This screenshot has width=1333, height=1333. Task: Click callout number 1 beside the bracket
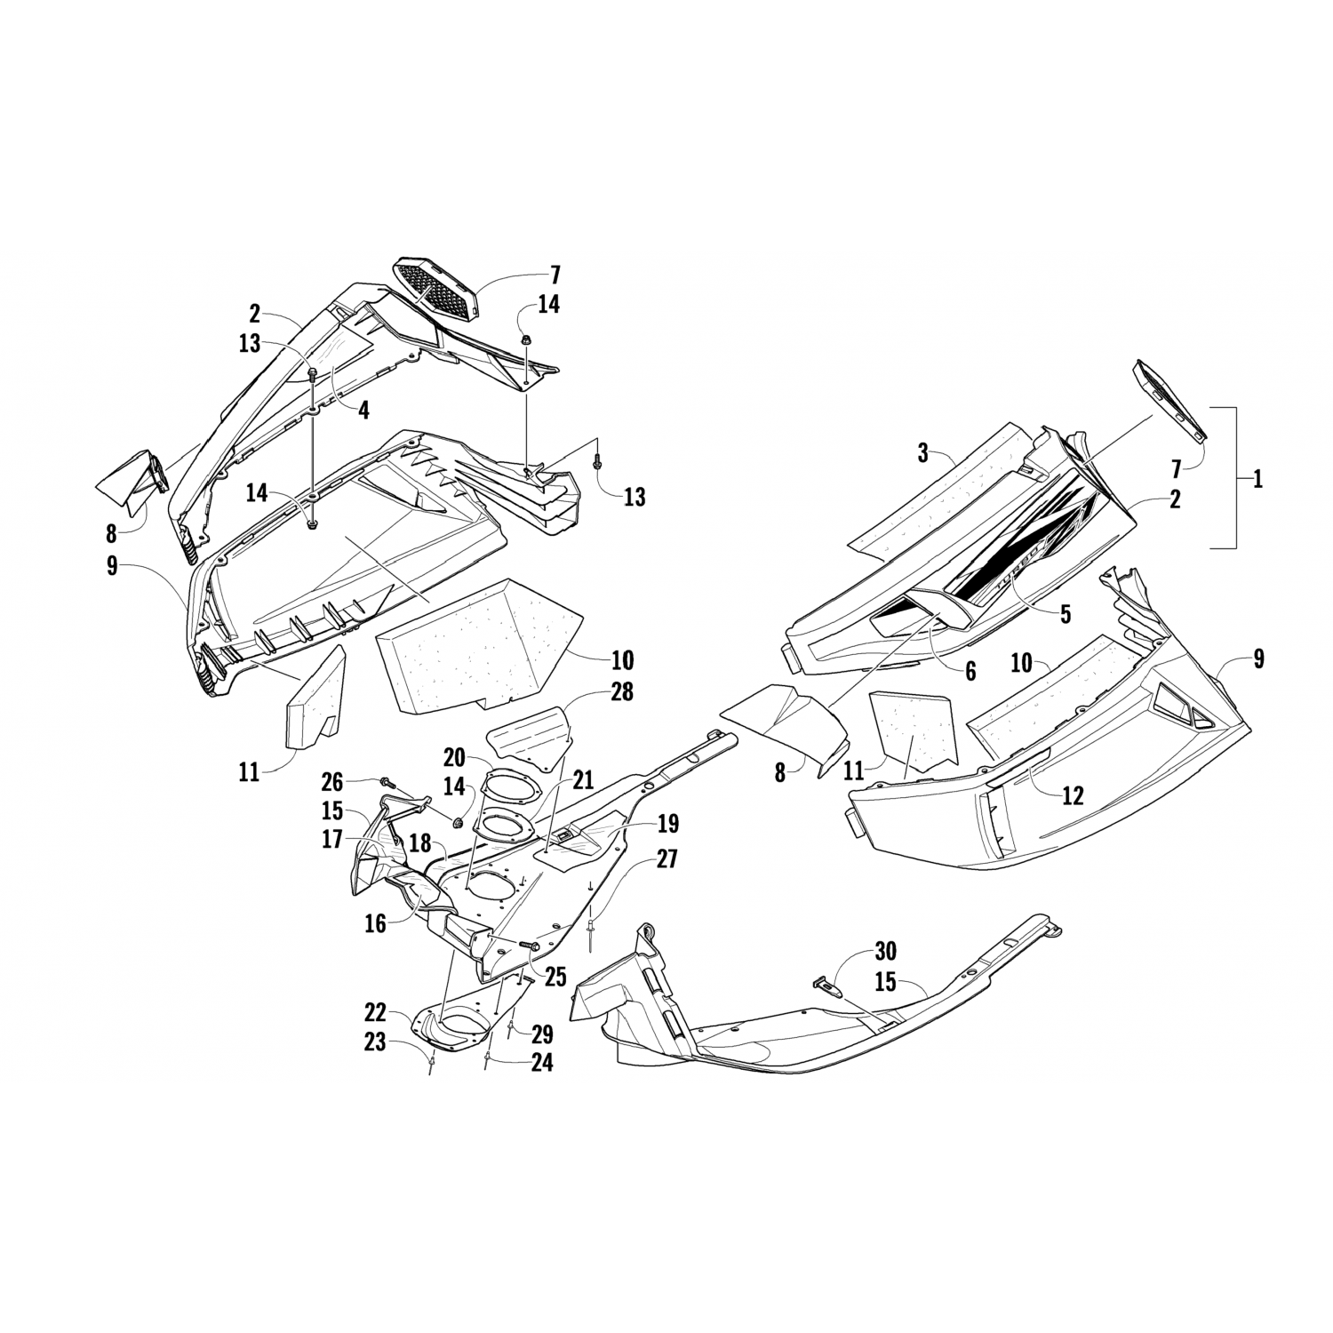tap(1257, 480)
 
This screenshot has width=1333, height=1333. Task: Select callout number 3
tap(923, 454)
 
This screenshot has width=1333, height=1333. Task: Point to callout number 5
tap(1065, 613)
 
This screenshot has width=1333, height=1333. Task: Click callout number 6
tap(970, 672)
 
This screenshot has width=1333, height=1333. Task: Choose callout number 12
tap(1074, 795)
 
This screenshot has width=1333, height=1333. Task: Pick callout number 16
tap(376, 924)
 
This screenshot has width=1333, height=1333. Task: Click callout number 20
tap(454, 757)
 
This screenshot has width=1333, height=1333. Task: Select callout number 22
tap(375, 1013)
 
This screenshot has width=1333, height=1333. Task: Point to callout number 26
tap(332, 783)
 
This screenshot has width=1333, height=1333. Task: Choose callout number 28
tap(621, 691)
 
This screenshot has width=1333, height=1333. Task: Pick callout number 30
tap(884, 952)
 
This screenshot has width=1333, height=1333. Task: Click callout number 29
tap(542, 1034)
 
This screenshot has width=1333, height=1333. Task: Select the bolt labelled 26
tap(387, 782)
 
